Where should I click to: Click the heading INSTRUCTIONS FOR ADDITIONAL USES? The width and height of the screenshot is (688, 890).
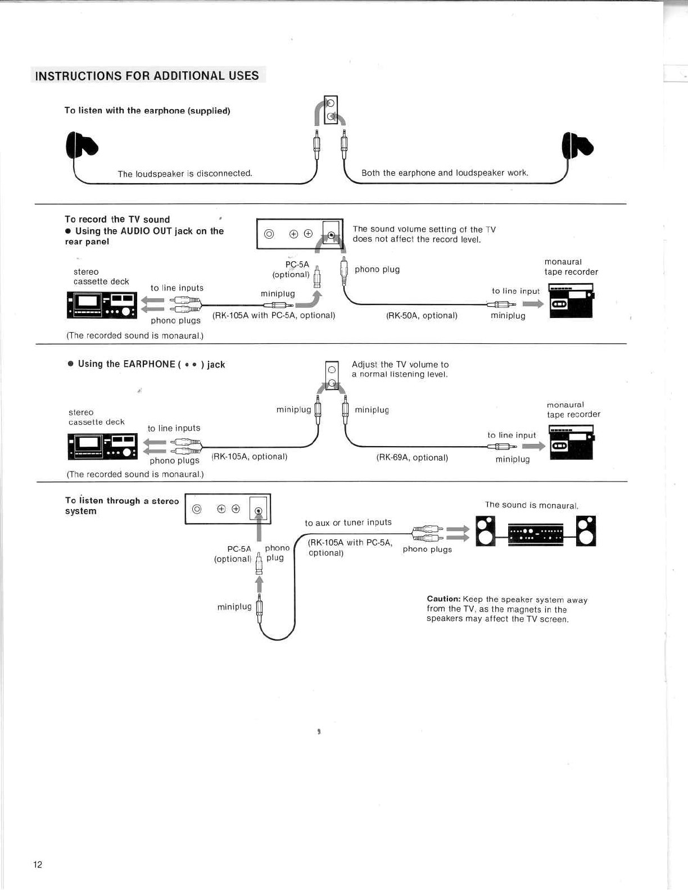click(147, 76)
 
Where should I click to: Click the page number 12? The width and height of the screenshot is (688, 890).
click(38, 865)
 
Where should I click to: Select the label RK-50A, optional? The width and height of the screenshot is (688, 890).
click(422, 316)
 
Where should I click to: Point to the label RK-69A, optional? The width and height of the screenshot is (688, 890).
click(412, 458)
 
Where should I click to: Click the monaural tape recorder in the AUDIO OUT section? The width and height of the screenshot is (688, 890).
click(571, 301)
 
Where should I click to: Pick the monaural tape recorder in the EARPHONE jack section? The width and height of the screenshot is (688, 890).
click(571, 443)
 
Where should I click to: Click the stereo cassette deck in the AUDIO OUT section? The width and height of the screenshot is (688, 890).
click(102, 305)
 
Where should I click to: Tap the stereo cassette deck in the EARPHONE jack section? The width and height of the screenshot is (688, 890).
click(102, 447)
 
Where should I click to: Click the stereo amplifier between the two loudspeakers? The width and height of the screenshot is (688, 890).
click(535, 534)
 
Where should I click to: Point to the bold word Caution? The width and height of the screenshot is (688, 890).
click(443, 599)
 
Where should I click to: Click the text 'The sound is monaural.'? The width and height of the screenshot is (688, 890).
click(532, 505)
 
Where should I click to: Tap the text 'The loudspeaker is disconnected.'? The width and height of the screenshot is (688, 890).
click(185, 174)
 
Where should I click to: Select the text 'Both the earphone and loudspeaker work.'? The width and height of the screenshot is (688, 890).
click(445, 173)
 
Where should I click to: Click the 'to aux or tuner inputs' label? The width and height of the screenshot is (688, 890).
click(348, 523)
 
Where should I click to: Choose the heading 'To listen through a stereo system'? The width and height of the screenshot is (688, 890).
click(121, 506)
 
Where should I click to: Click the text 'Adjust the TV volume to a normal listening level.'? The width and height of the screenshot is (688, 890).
click(400, 369)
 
